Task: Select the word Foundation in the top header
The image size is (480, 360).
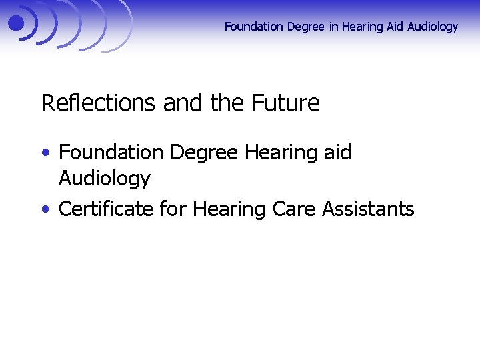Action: pos(254,27)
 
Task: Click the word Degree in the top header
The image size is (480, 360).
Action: pos(305,27)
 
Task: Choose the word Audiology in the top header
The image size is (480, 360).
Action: pos(431,27)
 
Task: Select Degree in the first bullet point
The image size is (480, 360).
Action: pos(204,152)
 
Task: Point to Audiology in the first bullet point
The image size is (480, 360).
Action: pos(105,179)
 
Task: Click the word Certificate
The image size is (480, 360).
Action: pos(106,209)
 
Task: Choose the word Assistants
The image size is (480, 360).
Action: pos(368,209)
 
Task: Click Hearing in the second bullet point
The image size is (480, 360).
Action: pos(230,209)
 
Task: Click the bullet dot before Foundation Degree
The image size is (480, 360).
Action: pos(45,153)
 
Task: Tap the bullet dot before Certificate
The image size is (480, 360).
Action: pos(45,209)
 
